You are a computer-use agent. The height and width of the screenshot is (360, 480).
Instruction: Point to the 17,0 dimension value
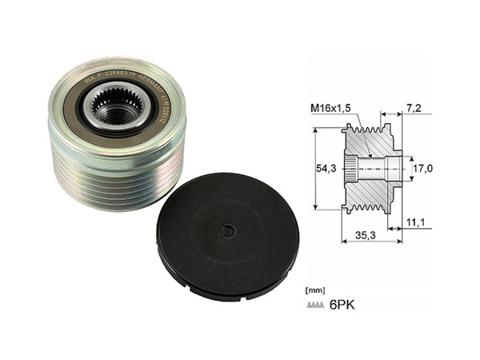tap(422, 169)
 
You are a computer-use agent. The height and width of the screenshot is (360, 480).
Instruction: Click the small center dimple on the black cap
tap(229, 230)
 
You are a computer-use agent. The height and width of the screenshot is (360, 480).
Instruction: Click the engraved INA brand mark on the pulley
tap(88, 79)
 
